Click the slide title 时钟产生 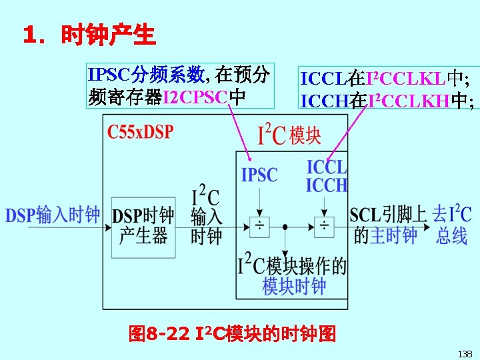(107, 35)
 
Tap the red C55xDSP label (140, 131)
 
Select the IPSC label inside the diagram (259, 175)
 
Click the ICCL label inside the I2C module (327, 167)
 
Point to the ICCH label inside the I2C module (327, 185)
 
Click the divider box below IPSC (259, 227)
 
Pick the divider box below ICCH (325, 227)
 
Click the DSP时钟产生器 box (144, 226)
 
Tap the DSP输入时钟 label (53, 215)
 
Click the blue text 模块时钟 (294, 287)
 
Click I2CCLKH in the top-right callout (408, 101)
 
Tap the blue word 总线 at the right (452, 235)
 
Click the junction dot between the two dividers (285, 227)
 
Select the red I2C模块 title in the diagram (289, 135)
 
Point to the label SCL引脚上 (388, 215)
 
